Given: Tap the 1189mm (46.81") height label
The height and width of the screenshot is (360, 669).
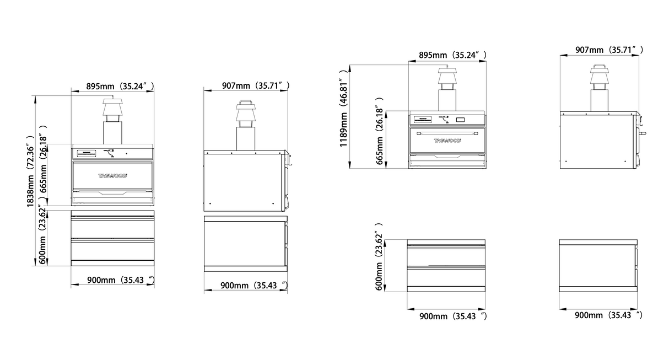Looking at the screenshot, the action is point(343,108).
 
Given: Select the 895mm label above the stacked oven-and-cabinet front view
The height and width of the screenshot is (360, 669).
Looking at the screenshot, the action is point(120,87).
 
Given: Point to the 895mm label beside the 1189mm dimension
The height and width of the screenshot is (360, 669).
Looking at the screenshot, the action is point(452,55).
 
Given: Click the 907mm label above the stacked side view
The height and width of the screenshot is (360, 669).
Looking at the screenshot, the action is point(256,86).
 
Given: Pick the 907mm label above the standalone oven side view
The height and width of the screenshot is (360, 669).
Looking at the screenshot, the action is point(609,50).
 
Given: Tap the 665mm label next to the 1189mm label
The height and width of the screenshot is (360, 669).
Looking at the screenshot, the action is point(379,131).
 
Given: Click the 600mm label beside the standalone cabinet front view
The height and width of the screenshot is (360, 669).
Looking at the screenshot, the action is point(379,256).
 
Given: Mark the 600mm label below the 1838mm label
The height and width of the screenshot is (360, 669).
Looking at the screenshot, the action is point(43,234).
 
